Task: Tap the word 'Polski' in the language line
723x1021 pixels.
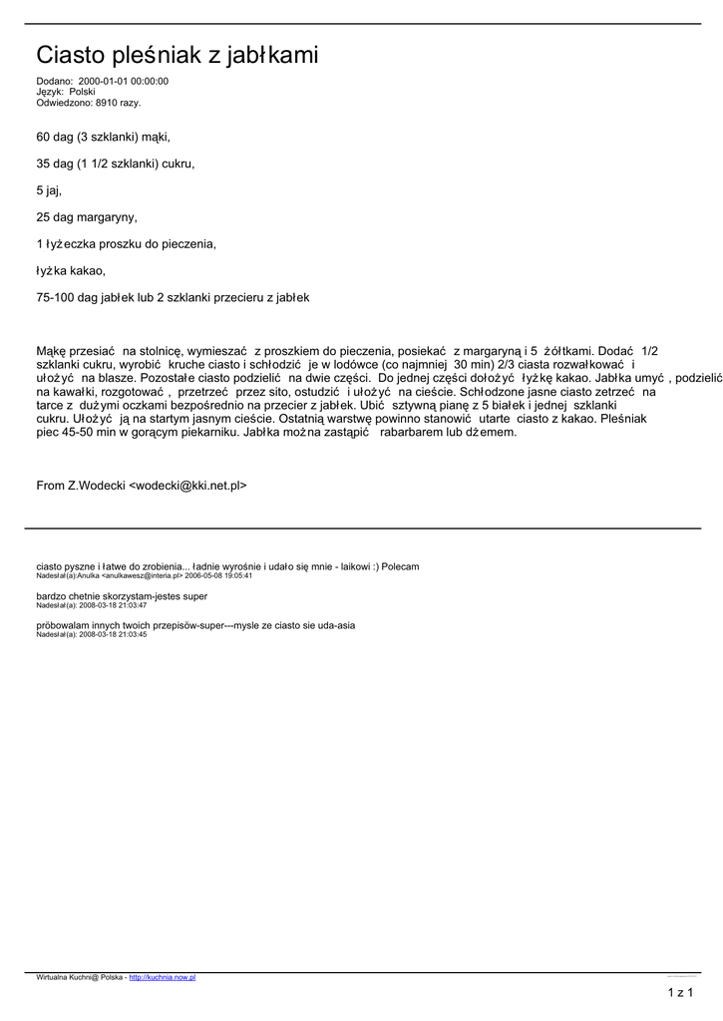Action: tap(83, 92)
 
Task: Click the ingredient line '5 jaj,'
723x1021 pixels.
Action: tap(49, 189)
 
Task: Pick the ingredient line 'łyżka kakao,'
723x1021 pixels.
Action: tap(70, 270)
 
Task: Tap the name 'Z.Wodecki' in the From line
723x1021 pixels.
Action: tap(96, 486)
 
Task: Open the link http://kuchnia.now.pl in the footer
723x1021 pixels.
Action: tap(163, 977)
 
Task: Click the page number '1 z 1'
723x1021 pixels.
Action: tap(680, 991)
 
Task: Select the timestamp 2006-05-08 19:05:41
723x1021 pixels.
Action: tap(218, 575)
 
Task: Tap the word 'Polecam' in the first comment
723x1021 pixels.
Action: tap(399, 566)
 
